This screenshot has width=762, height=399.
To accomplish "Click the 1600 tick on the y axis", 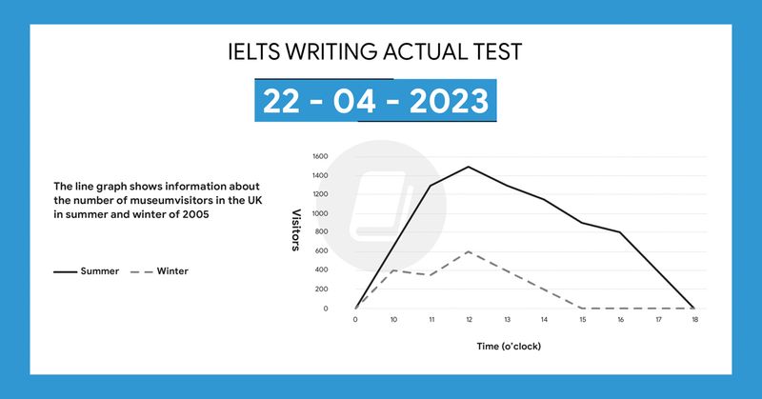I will [x=320, y=156].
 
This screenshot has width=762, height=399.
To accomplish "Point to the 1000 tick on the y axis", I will [x=320, y=213].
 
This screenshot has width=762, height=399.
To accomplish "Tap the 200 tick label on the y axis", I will [x=322, y=289].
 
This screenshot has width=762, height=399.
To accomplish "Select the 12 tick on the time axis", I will [x=468, y=320].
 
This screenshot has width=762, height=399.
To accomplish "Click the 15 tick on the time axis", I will [x=581, y=320].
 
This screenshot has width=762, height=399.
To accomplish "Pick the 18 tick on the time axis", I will [x=693, y=320].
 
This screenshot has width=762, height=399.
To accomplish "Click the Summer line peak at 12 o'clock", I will [x=468, y=167].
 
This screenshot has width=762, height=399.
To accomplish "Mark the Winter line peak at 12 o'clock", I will [x=468, y=251].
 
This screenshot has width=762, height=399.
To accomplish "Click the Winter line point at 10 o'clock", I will [x=392, y=270].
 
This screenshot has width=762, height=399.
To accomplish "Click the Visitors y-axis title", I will [x=296, y=231].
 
